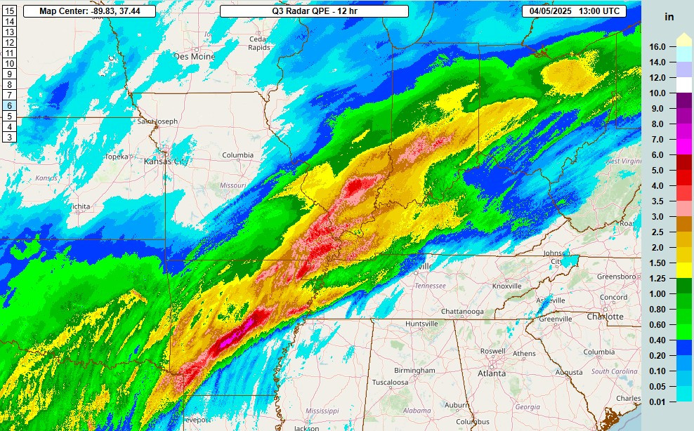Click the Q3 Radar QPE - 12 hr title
click(313, 11)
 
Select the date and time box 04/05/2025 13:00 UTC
click(574, 11)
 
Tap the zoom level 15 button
click(10, 11)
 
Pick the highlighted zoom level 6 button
click(10, 105)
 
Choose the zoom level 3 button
click(10, 137)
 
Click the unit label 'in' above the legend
click(669, 16)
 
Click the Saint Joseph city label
click(157, 121)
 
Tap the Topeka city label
click(117, 157)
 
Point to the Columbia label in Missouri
click(237, 155)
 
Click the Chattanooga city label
click(464, 311)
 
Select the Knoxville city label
click(506, 286)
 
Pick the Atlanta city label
click(492, 373)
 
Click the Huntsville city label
click(422, 324)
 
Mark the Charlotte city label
click(605, 317)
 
